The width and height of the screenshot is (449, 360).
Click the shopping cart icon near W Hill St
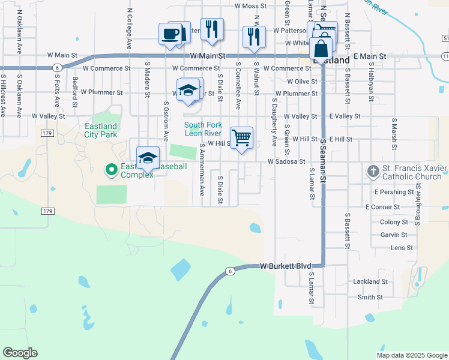pyautogui.click(x=241, y=137)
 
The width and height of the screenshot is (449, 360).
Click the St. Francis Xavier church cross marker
pyautogui.click(x=372, y=172)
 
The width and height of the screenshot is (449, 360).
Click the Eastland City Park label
pyautogui.click(x=100, y=131)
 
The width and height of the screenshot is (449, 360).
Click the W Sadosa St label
pyautogui.click(x=286, y=161)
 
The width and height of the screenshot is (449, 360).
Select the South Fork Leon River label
pyautogui.click(x=203, y=129)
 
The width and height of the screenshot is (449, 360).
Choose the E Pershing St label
pyautogui.click(x=394, y=192)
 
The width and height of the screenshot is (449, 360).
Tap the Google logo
pyautogui.click(x=20, y=353)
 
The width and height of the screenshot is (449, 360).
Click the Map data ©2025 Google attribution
pyautogui.click(x=411, y=355)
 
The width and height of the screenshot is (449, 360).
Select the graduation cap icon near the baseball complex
pyautogui.click(x=148, y=158)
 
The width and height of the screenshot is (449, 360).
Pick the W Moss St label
pyautogui.click(x=250, y=6)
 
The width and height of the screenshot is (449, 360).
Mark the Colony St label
pyautogui.click(x=394, y=222)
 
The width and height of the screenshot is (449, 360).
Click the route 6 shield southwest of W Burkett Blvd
pyautogui.click(x=230, y=271)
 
